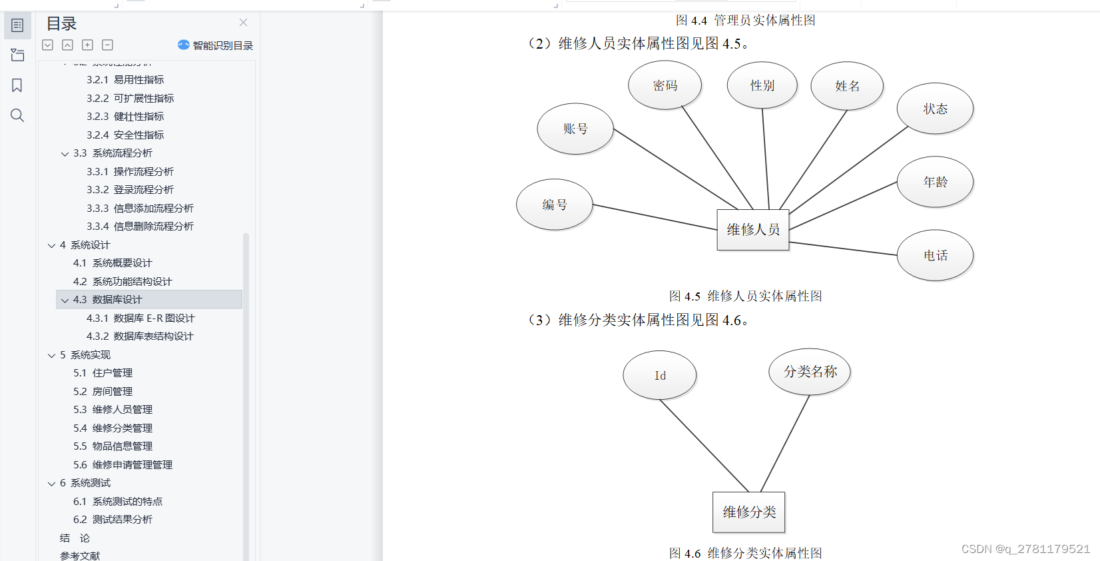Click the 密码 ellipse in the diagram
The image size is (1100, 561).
coord(665,85)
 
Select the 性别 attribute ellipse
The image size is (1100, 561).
coord(762,85)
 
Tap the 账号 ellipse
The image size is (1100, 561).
coord(575,129)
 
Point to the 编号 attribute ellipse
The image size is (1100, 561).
coord(554,205)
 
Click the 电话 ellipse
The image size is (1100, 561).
coord(935,255)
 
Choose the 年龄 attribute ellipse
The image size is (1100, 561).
coord(935,182)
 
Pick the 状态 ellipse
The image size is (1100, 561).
coord(935,109)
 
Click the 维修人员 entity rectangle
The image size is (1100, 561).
coord(752,230)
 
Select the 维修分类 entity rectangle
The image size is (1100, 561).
coord(749,512)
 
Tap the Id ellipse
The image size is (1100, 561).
coord(660,375)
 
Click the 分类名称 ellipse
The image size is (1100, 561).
coord(810,372)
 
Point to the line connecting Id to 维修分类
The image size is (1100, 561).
coord(704,446)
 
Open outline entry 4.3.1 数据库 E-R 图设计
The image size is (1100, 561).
coord(140,318)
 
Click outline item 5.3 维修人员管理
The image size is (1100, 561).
coord(113,409)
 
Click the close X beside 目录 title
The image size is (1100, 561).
coord(243,23)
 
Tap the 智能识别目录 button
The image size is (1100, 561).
coord(216,45)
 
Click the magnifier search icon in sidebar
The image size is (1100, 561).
coord(17,115)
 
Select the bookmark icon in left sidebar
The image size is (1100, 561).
coord(17,85)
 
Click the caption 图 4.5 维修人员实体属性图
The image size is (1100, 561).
coord(746,296)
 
